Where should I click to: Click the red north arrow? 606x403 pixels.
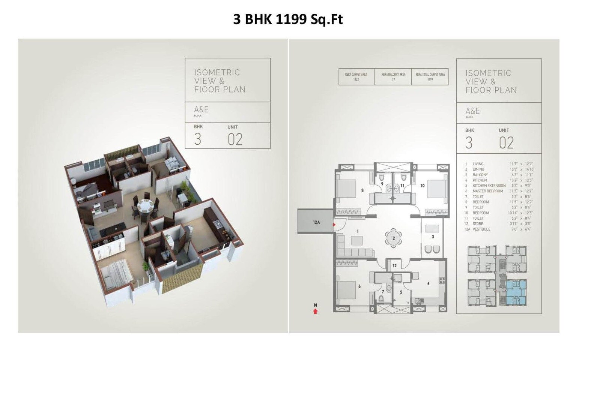[x=315, y=311]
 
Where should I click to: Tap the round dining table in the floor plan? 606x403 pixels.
[x=393, y=238]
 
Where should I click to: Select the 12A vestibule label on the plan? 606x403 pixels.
[x=316, y=222]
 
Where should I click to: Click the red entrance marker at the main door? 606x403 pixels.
[x=334, y=225]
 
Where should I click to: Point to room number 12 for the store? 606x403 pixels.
[x=394, y=265]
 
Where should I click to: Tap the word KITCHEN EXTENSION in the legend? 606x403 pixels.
[x=489, y=186]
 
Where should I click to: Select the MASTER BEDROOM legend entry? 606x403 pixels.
[x=487, y=191]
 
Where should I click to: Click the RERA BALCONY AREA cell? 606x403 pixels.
[x=393, y=77]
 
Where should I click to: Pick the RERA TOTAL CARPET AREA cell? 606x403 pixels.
[x=430, y=77]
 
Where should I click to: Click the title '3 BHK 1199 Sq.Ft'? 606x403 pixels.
[x=288, y=19]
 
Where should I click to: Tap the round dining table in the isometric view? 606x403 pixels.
[x=143, y=206]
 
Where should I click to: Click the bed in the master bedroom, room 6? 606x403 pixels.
[x=346, y=289]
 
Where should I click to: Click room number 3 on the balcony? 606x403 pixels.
[x=433, y=237]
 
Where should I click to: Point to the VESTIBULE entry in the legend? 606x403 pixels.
[x=481, y=229]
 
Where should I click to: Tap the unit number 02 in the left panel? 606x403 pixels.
[x=235, y=139]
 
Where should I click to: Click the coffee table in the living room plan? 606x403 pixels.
[x=357, y=240]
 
